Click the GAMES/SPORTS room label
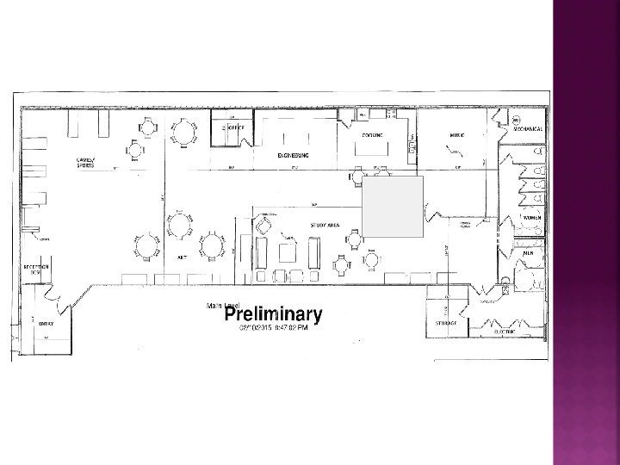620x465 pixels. point(85,162)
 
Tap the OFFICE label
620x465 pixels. point(236,128)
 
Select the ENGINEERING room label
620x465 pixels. point(294,156)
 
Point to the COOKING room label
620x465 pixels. point(373,135)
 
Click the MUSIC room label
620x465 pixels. point(456,135)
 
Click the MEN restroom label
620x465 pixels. point(528,254)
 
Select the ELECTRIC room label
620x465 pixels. point(505,330)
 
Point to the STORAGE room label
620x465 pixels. point(445,323)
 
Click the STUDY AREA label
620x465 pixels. point(324,224)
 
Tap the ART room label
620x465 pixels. point(183,257)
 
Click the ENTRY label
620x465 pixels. point(46,323)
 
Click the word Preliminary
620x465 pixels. point(273,315)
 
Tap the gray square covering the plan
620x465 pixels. point(393,207)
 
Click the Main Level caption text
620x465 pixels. point(216,305)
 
